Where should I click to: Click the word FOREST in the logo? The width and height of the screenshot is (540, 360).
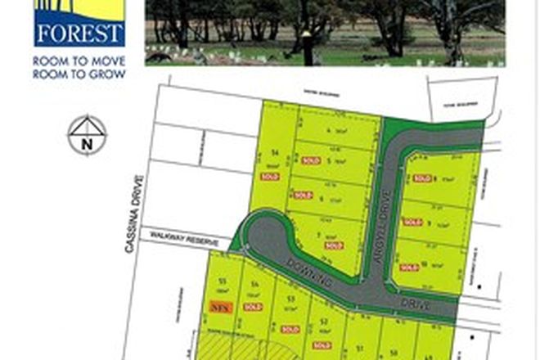(79, 34)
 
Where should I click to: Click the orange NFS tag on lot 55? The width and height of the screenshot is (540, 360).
(218, 308)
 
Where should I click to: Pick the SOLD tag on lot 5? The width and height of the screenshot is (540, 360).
(311, 161)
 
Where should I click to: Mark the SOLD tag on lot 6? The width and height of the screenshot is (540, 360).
(304, 195)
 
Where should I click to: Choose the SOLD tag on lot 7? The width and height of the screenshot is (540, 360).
(333, 245)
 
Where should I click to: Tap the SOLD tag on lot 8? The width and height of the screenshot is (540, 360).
(422, 178)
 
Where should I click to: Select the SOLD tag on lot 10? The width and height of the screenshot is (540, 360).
(409, 267)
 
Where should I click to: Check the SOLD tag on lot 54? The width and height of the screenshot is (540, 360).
(252, 307)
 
